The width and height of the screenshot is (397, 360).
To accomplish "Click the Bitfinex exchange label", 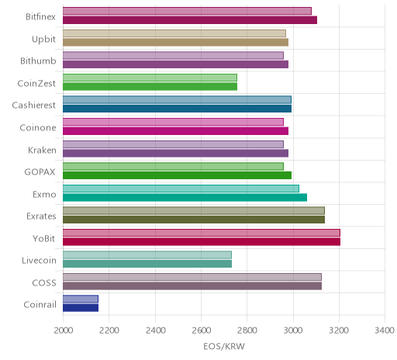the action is tap(40, 17).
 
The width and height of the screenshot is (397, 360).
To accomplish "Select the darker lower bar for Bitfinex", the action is tap(190, 20).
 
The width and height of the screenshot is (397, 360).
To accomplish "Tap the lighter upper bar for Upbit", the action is tap(174, 33).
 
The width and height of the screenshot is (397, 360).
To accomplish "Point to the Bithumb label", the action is tap(38, 61).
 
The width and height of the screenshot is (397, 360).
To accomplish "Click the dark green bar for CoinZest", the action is tap(150, 86).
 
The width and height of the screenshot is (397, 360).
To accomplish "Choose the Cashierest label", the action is tap(34, 106).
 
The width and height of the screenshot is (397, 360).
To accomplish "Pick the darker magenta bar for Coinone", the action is tap(175, 131).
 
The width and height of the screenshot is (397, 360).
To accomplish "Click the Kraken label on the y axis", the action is tap(42, 150).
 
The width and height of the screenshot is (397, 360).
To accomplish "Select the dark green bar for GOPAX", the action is tap(177, 175).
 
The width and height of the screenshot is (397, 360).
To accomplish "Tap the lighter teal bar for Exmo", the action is tap(181, 189).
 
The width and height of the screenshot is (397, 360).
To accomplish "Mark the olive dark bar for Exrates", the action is tap(194, 220).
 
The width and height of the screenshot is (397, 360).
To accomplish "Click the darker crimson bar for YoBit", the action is tap(202, 242).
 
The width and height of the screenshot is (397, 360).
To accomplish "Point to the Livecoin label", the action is tap(39, 261).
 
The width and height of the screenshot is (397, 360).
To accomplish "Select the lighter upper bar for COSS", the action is tap(192, 277).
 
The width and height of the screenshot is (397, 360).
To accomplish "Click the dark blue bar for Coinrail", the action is tap(81, 308).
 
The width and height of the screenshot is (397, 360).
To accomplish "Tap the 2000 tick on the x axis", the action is tap(64, 331).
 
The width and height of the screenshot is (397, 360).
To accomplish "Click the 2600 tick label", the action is tap(202, 331).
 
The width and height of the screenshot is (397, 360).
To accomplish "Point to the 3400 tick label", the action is tap(385, 331).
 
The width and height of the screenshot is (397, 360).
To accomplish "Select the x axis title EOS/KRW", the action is tap(224, 347).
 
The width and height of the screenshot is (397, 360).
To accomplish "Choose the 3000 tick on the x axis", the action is tap(293, 331).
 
